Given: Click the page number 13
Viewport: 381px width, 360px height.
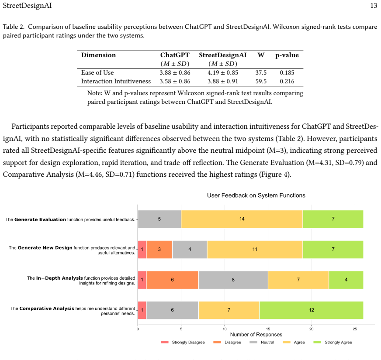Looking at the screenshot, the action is click(x=374, y=6).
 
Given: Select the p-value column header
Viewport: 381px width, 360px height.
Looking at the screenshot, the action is click(x=287, y=55).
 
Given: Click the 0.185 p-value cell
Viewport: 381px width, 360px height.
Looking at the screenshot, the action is click(x=287, y=72).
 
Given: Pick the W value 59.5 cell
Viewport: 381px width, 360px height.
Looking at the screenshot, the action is click(x=261, y=81).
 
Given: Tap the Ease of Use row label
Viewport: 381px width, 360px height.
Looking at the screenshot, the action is click(x=97, y=72).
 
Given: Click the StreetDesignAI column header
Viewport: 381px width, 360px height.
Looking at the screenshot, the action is click(x=222, y=55).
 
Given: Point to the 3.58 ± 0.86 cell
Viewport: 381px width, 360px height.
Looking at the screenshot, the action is click(x=175, y=81).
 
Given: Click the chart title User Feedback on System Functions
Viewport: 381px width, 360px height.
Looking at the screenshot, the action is click(x=256, y=195).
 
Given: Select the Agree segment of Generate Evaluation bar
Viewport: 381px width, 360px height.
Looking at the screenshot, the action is click(x=242, y=219).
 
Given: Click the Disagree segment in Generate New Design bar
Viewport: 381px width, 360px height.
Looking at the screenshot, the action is click(x=159, y=250).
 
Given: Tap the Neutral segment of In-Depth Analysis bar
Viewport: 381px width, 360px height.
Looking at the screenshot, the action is click(x=233, y=280).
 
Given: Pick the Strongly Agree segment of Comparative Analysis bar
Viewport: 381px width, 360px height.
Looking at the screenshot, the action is click(x=311, y=310).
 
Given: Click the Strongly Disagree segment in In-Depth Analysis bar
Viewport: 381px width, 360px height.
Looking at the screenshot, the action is click(x=142, y=280).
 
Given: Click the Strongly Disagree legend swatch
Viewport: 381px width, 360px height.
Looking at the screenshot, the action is click(x=164, y=342).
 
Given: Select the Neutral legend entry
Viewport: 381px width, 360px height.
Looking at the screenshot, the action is click(x=262, y=342).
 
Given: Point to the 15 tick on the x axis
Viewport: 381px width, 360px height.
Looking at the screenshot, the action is click(x=268, y=329).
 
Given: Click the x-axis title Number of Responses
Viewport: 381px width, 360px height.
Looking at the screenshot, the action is click(x=256, y=335).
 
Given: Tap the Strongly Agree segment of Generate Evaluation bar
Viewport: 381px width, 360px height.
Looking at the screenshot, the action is click(x=333, y=219).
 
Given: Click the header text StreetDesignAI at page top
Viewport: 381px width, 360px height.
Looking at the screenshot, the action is click(x=27, y=6).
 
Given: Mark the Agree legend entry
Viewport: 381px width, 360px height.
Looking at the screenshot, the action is click(x=294, y=342).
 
